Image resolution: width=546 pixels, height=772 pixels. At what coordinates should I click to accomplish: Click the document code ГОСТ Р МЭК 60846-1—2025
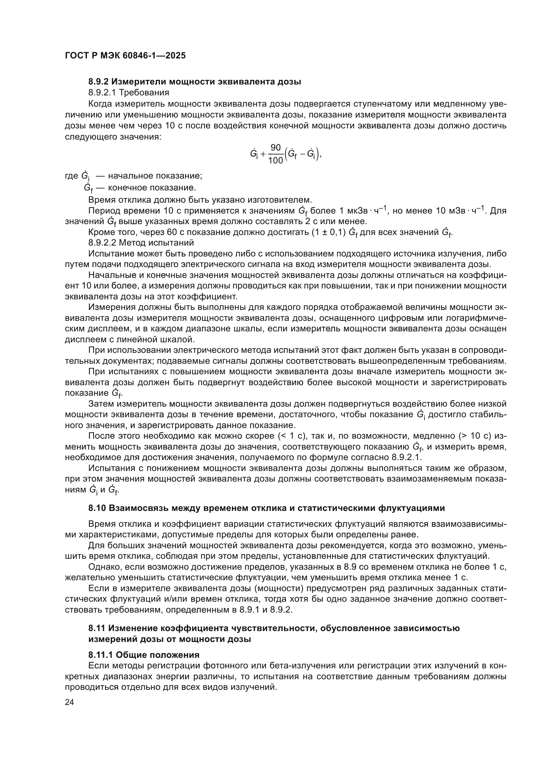(x=125, y=56)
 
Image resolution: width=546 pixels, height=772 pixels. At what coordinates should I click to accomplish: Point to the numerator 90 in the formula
(x=275, y=148)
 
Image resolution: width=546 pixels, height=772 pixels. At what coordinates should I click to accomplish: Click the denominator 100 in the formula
(x=276, y=161)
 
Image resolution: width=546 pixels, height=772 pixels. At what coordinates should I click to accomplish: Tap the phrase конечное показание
(x=152, y=187)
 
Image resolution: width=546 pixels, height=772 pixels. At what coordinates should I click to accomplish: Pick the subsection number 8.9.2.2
(x=103, y=243)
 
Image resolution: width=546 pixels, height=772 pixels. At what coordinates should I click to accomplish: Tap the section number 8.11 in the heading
(x=96, y=628)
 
